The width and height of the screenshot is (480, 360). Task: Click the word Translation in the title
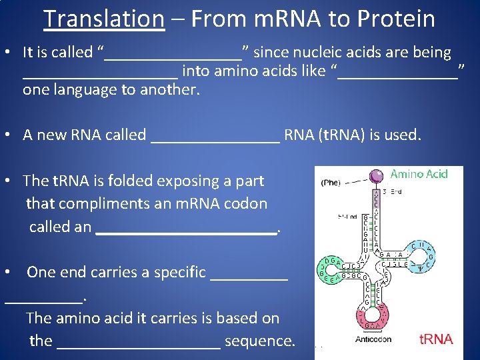coord(103,19)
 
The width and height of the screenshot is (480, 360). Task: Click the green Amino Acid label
coord(419,174)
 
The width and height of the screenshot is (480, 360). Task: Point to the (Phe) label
coord(331,182)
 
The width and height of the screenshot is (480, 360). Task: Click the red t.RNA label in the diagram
coord(435,339)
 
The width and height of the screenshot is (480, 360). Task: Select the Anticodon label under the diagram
coord(373,339)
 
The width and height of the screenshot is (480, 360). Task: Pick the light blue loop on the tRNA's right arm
coord(421,254)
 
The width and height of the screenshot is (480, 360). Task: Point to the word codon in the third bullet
coord(245,203)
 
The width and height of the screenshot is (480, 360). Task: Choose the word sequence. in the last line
coord(260,341)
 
